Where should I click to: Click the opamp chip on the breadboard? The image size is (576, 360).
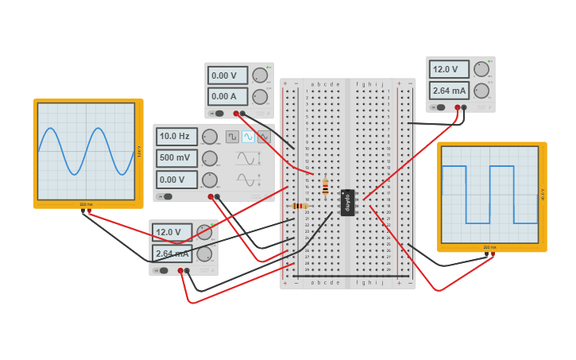click(x=347, y=203)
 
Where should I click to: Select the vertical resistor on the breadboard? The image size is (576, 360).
click(x=325, y=187)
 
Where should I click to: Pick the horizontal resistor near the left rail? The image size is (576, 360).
click(x=300, y=206)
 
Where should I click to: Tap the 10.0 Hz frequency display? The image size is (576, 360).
click(x=176, y=137)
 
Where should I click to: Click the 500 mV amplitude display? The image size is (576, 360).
click(x=176, y=158)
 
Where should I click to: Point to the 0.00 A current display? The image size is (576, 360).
click(x=228, y=96)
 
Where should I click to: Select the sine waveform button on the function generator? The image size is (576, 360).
click(x=248, y=137)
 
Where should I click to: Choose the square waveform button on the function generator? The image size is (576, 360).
click(x=232, y=137)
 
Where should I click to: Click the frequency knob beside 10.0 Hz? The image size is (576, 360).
click(x=209, y=137)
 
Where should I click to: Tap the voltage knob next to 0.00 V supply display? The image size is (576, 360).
click(x=260, y=75)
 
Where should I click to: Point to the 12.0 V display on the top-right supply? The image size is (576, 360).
click(x=449, y=70)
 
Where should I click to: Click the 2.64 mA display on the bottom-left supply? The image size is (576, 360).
click(x=172, y=254)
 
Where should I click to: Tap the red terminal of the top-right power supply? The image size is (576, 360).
click(x=458, y=107)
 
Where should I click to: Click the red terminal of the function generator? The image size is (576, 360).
click(x=211, y=196)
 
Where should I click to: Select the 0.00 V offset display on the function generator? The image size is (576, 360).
click(x=176, y=180)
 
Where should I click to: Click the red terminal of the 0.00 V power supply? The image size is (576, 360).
click(x=236, y=113)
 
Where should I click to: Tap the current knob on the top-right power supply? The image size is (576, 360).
click(x=481, y=90)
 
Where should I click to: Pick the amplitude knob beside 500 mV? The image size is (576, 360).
click(x=209, y=158)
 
